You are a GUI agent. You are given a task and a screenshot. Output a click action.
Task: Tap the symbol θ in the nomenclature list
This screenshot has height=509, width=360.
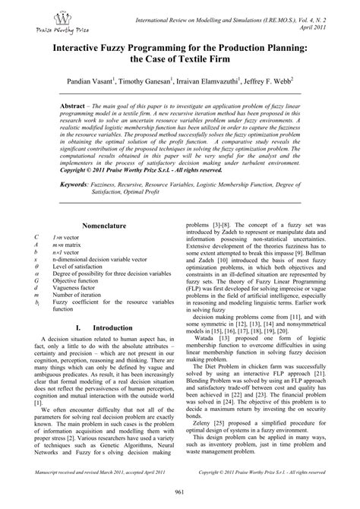(37, 268)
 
